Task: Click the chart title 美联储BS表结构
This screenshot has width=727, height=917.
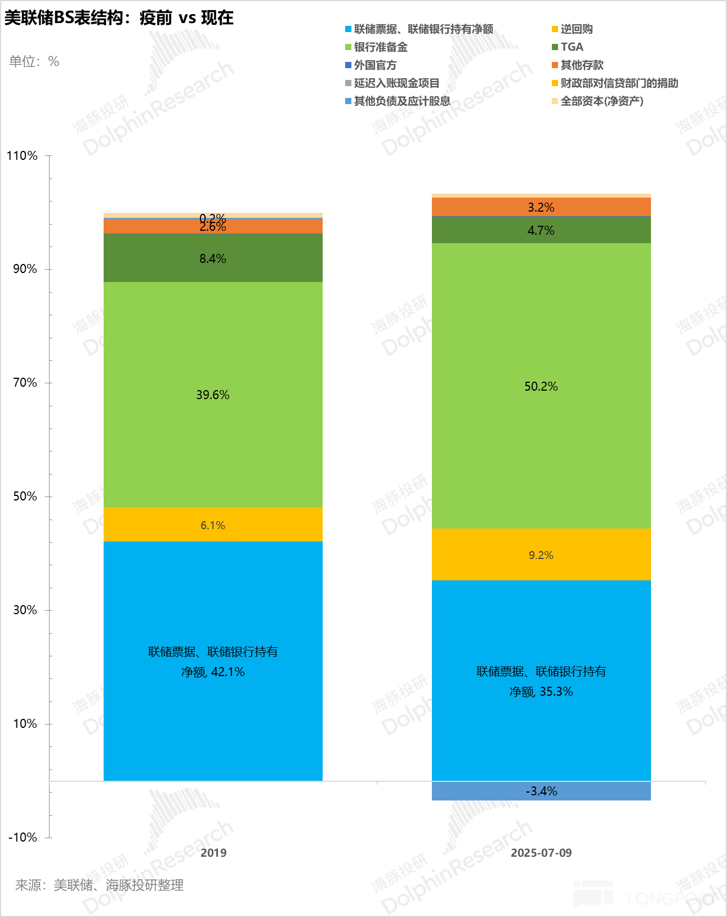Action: [x=119, y=18]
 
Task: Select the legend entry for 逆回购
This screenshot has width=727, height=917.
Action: [x=576, y=29]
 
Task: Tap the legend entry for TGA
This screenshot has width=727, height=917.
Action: [x=572, y=47]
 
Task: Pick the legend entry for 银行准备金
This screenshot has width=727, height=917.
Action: [x=380, y=47]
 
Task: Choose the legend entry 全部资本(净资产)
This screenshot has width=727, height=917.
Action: [x=601, y=101]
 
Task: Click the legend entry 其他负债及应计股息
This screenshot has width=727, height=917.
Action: [x=402, y=101]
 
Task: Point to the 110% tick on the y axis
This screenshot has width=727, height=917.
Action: [x=23, y=156]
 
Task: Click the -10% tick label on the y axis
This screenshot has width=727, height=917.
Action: [x=23, y=837]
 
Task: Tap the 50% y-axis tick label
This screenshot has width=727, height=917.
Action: [x=25, y=496]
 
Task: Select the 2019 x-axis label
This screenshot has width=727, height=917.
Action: [x=213, y=853]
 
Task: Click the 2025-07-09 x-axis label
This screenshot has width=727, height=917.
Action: [x=541, y=853]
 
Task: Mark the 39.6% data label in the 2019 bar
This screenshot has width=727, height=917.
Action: [x=213, y=395]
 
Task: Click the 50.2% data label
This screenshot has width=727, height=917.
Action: [x=541, y=387]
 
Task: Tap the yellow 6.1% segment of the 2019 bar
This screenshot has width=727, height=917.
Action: [x=213, y=525]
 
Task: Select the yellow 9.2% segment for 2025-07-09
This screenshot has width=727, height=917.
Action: [x=541, y=555]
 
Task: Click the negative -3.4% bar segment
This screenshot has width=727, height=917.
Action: [x=541, y=791]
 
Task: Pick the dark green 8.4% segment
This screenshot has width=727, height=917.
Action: [x=213, y=258]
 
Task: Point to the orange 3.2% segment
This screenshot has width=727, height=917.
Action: [x=541, y=207]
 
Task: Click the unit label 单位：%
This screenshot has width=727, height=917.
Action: [x=34, y=61]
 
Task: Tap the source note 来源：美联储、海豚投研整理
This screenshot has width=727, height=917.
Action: [x=99, y=885]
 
